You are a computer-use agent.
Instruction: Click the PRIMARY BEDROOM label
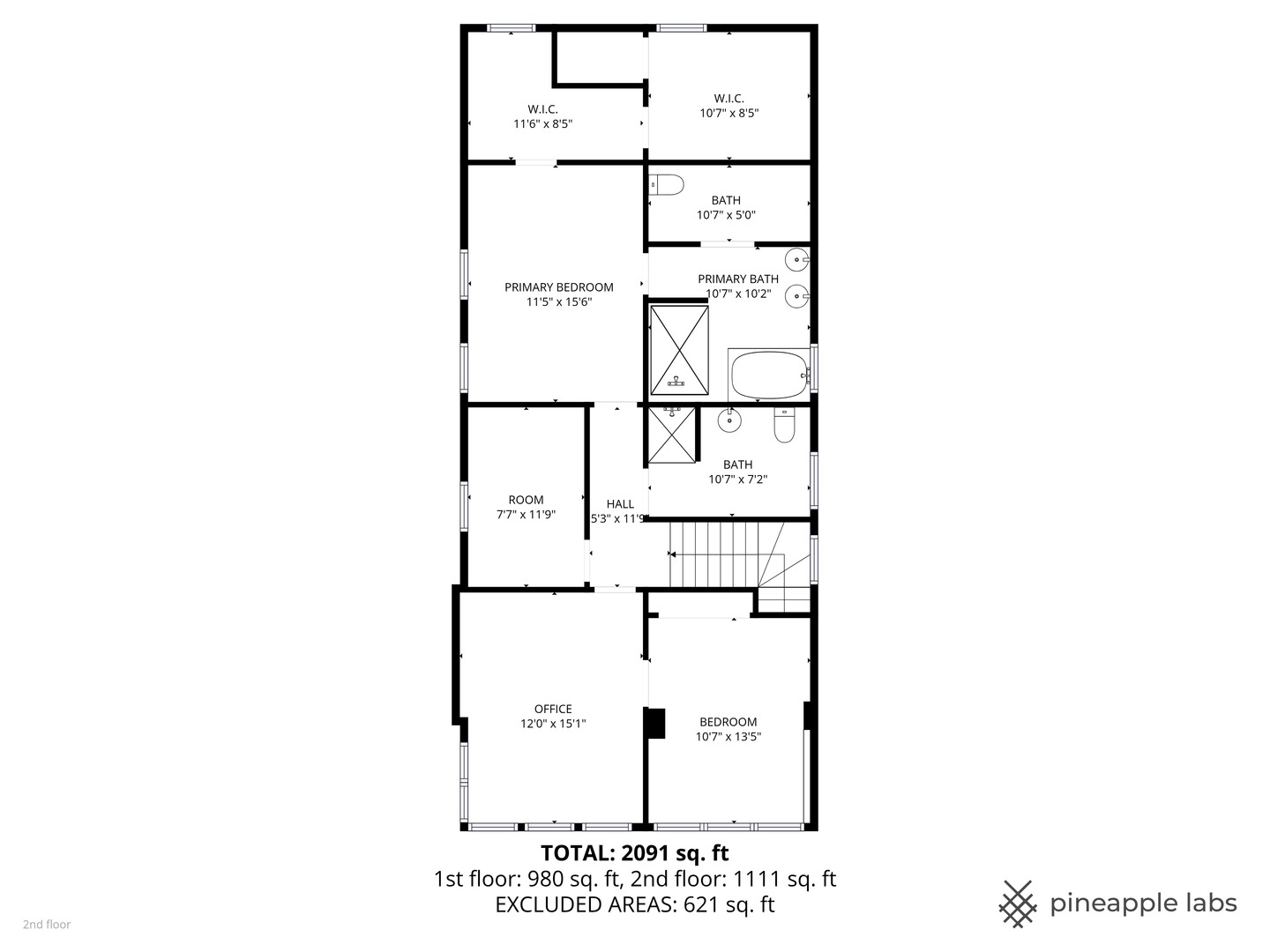tap(558, 287)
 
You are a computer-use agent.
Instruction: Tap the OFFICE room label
tap(553, 709)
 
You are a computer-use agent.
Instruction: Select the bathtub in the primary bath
tap(770, 375)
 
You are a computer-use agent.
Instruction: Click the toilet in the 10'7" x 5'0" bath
tap(667, 185)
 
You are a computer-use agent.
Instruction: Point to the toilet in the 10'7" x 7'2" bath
tap(784, 425)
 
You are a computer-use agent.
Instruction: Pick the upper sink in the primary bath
tap(798, 260)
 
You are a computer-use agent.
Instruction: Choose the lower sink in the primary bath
tap(798, 296)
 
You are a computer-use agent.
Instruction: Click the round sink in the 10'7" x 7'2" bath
tap(729, 420)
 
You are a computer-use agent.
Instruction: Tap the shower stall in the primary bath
tap(679, 350)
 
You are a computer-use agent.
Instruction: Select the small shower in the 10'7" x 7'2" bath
tap(672, 435)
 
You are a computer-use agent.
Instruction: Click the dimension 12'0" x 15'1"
tap(553, 724)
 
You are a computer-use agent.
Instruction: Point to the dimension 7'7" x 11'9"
tap(526, 515)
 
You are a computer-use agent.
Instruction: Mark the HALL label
tap(620, 504)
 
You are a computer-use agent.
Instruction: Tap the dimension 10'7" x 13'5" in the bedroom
tap(728, 736)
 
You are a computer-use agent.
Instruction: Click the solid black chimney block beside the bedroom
tap(655, 723)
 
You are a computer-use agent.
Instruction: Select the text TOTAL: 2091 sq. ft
tap(635, 853)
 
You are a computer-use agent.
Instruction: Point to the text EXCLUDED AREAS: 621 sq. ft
tap(635, 904)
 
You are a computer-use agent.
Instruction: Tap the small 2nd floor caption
tap(47, 925)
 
